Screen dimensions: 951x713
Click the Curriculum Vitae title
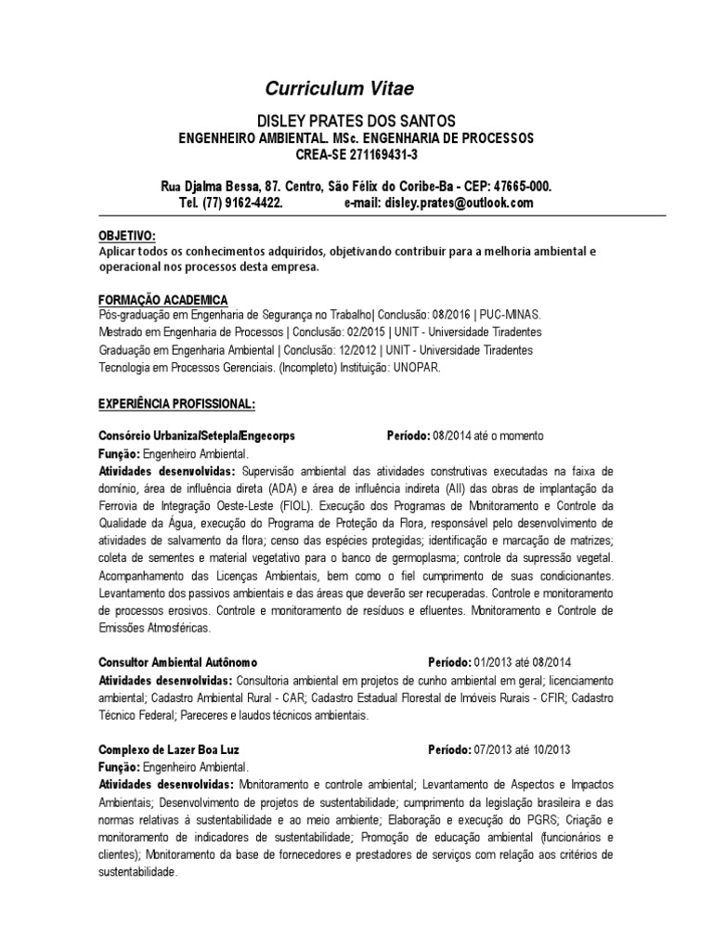339,89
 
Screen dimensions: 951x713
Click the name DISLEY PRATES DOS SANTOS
356,122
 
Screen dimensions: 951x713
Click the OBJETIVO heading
127,236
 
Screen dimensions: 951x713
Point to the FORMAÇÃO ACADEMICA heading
162,300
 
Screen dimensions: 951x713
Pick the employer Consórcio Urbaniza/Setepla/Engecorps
196,436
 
